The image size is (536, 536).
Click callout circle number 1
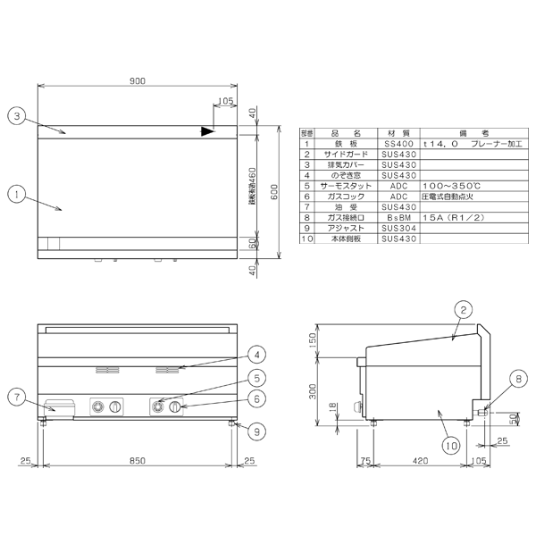click(14, 192)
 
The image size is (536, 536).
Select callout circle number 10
click(450, 441)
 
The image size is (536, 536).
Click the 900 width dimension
click(137, 80)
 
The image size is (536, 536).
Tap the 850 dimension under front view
click(137, 461)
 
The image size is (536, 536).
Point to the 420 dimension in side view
click(418, 461)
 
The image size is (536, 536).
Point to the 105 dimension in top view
click(224, 102)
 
